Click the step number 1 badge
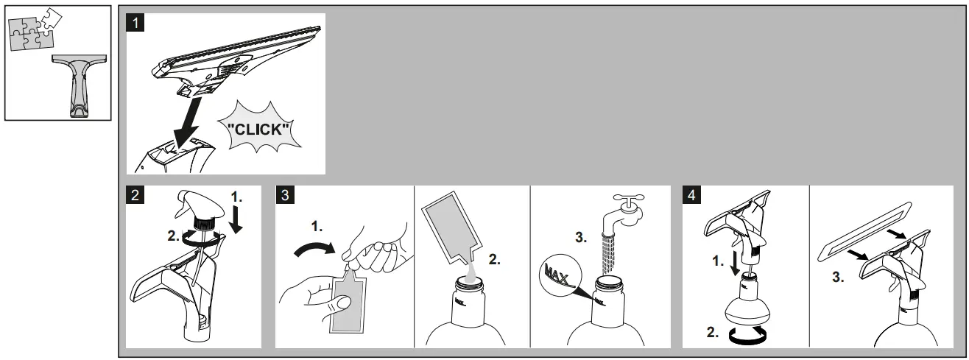coord(135,23)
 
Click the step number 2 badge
coord(135,194)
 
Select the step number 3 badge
coord(285,194)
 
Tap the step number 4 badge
coord(691,194)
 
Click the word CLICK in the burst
coord(258,129)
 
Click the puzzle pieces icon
coord(35,29)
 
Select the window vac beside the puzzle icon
coord(80,85)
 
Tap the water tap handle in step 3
coord(629,200)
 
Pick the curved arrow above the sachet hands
coord(314,250)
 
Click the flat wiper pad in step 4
coord(864,232)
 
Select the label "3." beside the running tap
coord(581,237)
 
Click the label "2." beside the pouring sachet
coord(495,259)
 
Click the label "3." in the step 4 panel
coord(838,277)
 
